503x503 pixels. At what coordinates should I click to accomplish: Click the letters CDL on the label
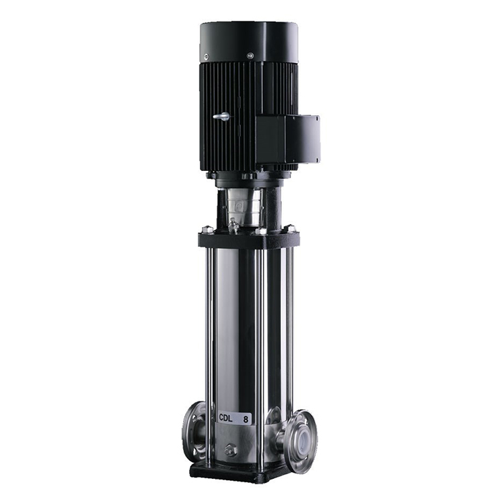click(225, 418)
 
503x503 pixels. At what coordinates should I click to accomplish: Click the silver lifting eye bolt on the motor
click(222, 117)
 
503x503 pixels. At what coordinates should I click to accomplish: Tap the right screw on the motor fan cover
click(250, 56)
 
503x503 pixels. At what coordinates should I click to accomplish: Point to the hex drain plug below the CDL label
click(229, 450)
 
